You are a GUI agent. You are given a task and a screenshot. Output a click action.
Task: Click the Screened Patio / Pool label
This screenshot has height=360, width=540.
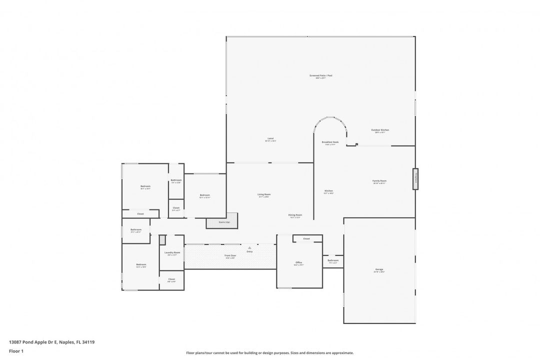point(320,75)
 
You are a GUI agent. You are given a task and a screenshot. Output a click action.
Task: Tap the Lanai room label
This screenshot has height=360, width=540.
point(270,138)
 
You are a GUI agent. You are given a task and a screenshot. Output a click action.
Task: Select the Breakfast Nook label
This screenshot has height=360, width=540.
point(330,142)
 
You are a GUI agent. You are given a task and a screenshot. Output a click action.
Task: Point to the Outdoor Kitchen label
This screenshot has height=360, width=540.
point(380,130)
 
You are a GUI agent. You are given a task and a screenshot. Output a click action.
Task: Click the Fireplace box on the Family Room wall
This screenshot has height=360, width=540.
point(415,178)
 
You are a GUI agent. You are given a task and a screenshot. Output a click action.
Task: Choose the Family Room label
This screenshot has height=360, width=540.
point(379,181)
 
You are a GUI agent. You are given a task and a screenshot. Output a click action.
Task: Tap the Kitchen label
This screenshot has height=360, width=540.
point(328,191)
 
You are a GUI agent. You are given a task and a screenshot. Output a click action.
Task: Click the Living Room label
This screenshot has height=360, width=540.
point(264,194)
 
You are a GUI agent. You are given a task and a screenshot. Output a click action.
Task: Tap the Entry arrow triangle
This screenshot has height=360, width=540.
point(249,247)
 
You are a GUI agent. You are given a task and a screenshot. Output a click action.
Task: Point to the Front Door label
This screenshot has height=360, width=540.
point(230,255)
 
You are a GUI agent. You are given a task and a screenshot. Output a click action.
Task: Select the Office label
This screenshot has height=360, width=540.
point(298,262)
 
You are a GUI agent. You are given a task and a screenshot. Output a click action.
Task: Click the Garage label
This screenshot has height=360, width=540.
point(379,269)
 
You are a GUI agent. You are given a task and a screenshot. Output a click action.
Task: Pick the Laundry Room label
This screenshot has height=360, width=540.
point(171,253)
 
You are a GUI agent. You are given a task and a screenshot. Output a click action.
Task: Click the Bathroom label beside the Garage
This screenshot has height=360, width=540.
point(333,260)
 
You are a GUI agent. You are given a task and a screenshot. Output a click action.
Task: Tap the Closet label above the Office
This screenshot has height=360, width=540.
point(306,239)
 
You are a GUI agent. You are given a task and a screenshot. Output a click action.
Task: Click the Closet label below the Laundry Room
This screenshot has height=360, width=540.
point(171,279)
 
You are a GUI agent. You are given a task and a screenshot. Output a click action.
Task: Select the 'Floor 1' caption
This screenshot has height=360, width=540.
point(16,351)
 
